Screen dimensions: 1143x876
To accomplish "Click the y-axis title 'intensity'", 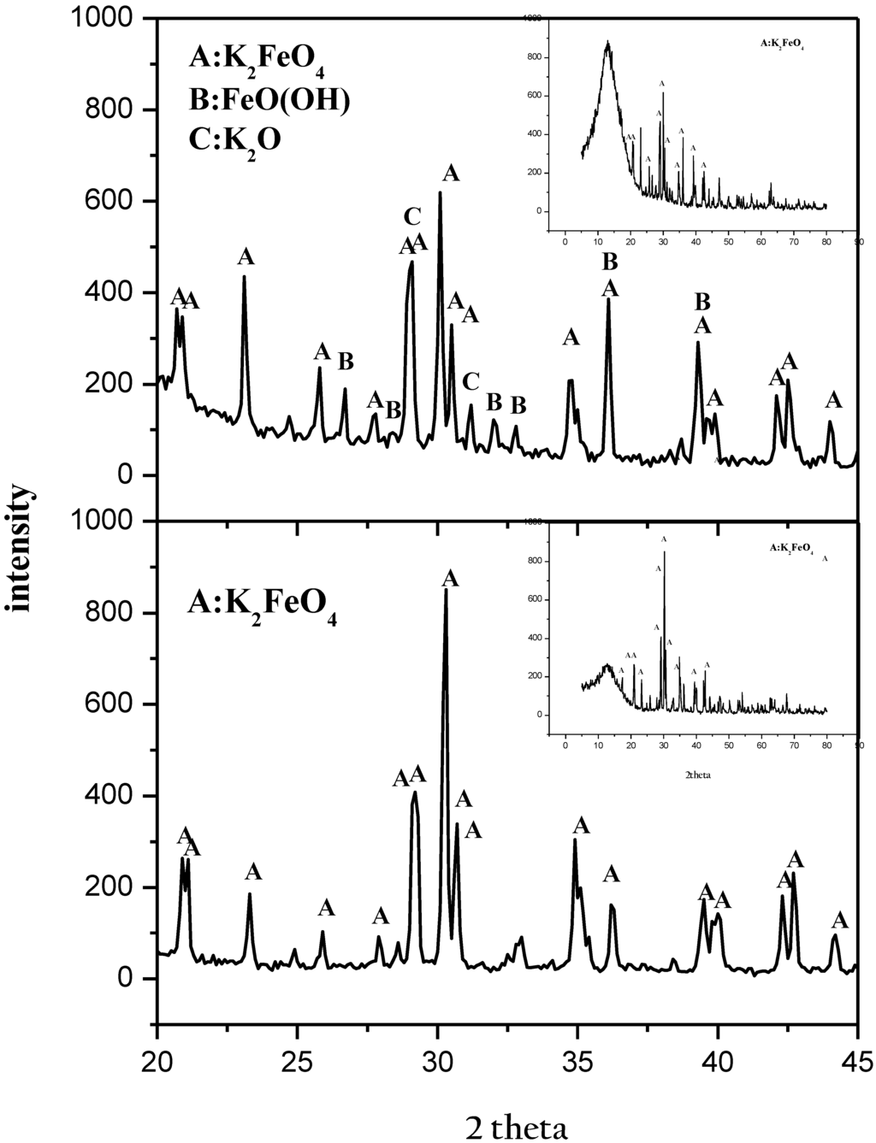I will click(19, 547).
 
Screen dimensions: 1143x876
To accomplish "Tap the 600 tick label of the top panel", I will click(115, 201).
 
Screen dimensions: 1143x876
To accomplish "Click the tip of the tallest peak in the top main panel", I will click(440, 193).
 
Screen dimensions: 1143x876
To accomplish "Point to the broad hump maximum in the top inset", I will click(607, 42).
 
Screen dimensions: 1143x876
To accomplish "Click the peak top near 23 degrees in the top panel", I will click(245, 276).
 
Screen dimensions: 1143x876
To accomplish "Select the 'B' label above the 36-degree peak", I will click(609, 262).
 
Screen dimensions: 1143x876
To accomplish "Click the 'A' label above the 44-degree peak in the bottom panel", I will click(839, 920).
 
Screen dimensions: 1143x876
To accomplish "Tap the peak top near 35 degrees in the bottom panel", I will click(575, 840).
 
